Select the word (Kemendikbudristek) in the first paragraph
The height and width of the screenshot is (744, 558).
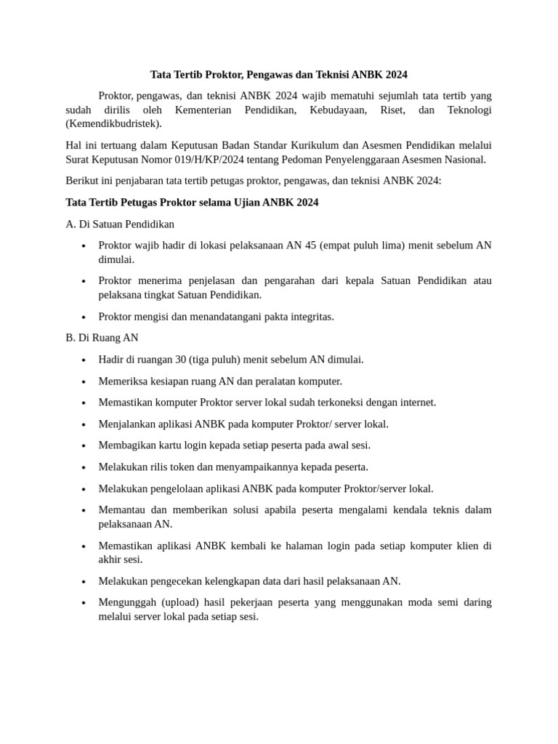point(113,124)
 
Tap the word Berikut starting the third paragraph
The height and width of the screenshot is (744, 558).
point(84,181)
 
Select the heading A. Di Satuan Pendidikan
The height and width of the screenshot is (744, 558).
point(120,224)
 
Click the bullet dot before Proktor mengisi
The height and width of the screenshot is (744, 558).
point(85,318)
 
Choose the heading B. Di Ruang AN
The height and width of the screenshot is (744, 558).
point(102,338)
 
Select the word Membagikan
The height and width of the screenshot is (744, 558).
point(126,445)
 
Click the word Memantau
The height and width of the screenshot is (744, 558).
point(120,510)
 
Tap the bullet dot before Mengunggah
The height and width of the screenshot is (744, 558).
point(85,603)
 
